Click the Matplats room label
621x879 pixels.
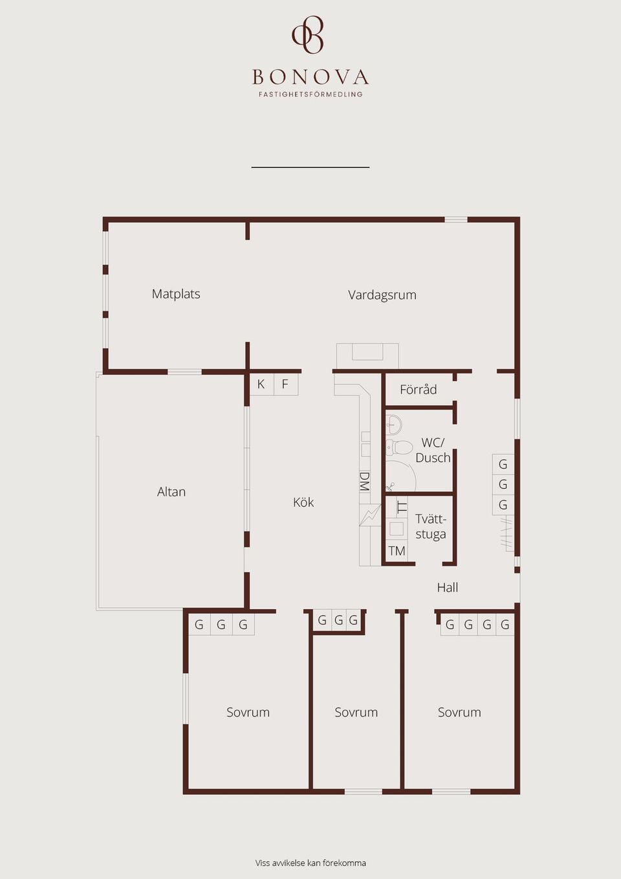(176, 294)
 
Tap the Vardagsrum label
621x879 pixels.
(382, 295)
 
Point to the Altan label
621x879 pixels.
(171, 492)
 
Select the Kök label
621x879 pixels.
(303, 502)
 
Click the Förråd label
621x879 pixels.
(419, 390)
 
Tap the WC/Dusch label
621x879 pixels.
(433, 450)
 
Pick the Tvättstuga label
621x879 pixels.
(431, 527)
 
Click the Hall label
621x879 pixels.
(448, 588)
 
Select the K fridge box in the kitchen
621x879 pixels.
(261, 384)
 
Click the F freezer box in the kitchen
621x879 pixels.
(285, 384)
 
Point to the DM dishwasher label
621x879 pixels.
(365, 482)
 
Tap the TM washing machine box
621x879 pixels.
(397, 551)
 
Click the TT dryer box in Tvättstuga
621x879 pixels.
(402, 507)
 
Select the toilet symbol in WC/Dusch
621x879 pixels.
(398, 447)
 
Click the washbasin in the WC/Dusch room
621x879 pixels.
(393, 425)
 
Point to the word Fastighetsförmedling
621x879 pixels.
(310, 95)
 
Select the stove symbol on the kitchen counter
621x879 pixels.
(370, 515)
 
